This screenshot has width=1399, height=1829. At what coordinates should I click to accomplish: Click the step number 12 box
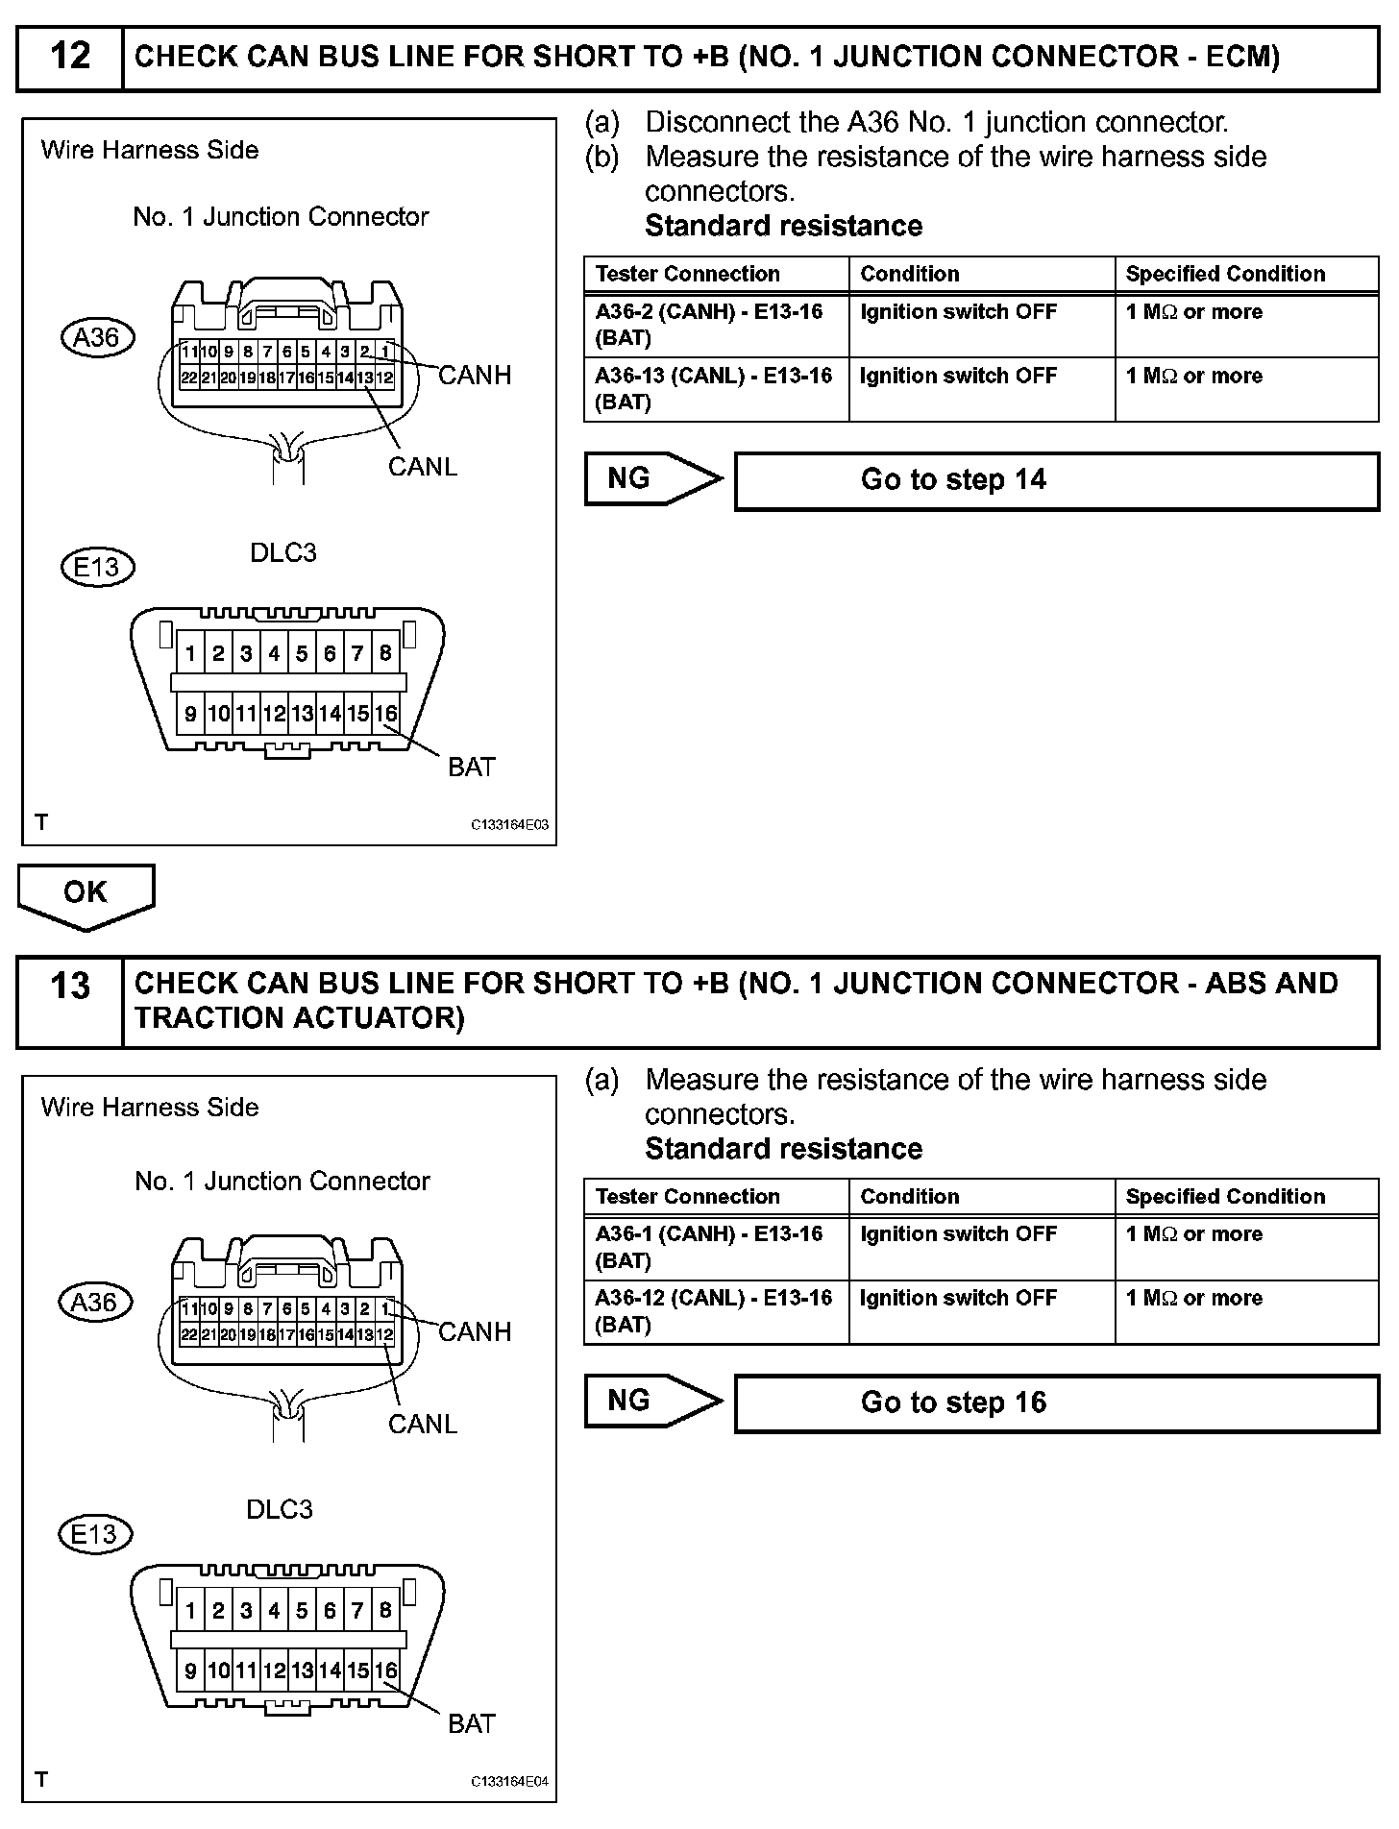70,57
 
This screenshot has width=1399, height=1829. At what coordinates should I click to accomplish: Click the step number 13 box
70,1000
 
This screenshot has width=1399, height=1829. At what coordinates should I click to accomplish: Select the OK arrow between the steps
86,894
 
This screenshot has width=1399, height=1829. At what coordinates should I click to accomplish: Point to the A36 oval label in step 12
96,338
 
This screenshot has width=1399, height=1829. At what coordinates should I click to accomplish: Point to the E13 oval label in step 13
94,1534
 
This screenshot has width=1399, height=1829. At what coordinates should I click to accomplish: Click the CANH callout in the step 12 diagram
475,375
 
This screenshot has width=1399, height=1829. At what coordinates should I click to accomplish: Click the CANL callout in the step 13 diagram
422,1424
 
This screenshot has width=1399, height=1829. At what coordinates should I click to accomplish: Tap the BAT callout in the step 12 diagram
471,767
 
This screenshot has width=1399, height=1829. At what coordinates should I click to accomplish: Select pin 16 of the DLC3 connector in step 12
385,714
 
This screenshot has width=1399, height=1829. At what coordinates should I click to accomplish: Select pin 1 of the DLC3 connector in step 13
190,1611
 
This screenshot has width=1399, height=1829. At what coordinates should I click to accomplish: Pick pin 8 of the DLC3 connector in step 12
385,654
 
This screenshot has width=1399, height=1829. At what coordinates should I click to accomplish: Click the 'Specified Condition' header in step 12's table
1225,274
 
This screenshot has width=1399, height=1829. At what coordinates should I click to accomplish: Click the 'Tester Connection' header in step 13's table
687,1197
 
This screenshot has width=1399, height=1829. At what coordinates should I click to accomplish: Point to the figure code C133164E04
509,1782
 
